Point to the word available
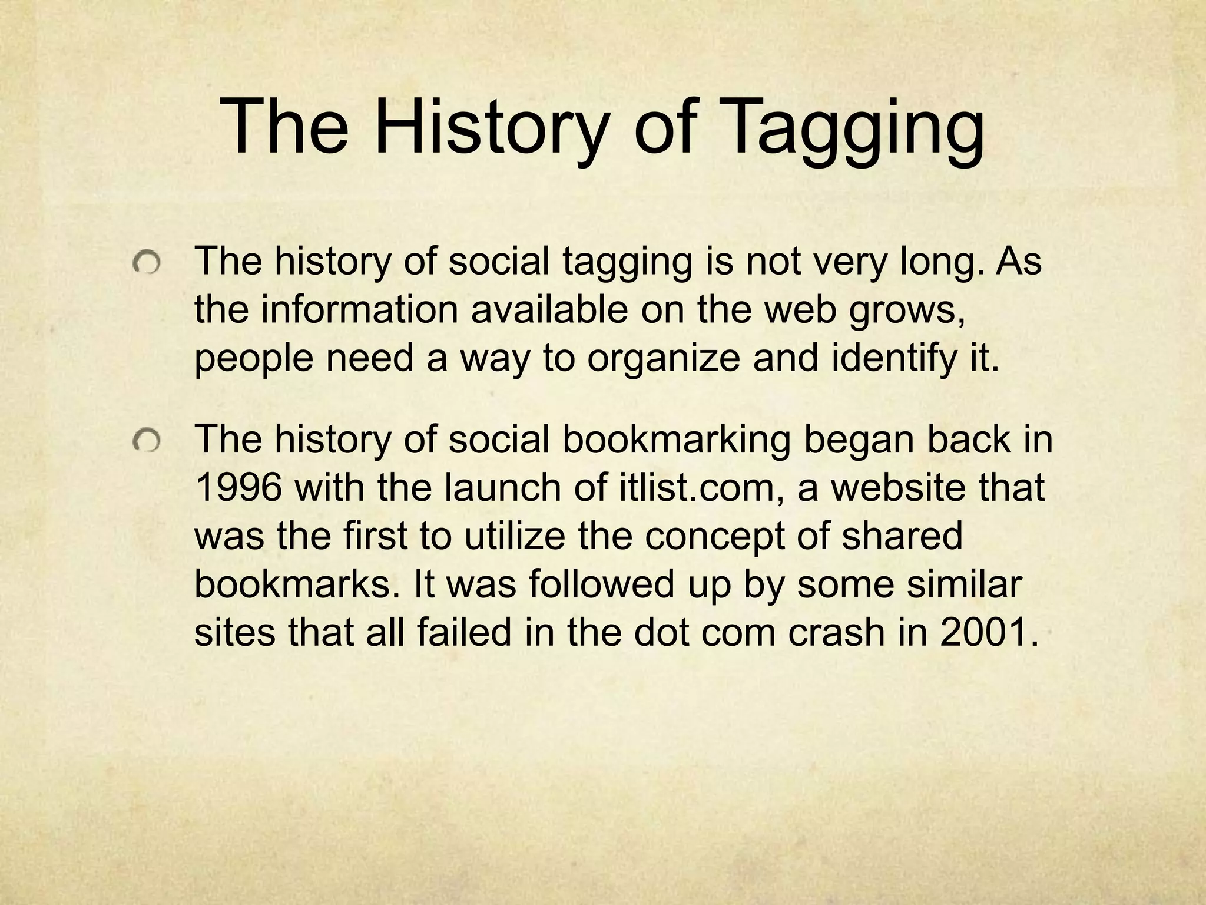point(549,310)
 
